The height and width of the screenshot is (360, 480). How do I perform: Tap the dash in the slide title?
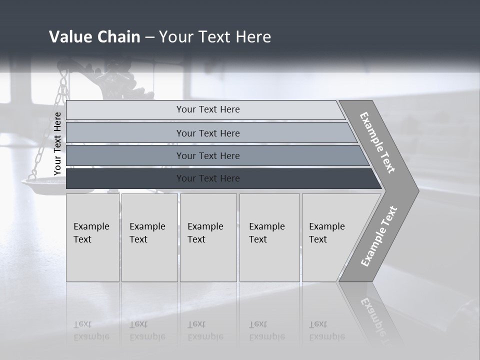(149, 37)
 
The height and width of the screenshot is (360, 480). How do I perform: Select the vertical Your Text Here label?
(57, 143)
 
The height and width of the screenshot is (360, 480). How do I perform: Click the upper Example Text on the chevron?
(377, 142)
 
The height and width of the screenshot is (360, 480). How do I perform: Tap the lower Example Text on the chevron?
(378, 236)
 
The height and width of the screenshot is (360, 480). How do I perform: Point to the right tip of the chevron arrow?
(418, 190)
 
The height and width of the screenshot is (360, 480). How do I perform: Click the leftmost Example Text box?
(92, 237)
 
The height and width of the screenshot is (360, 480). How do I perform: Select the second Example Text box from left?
(149, 237)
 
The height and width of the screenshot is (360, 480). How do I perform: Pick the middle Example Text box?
(207, 237)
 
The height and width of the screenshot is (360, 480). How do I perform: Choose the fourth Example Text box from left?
(269, 237)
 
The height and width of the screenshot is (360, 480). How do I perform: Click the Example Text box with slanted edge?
(330, 237)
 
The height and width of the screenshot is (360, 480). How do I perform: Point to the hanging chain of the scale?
(61, 100)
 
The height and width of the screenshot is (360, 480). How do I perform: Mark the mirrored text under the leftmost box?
(91, 330)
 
